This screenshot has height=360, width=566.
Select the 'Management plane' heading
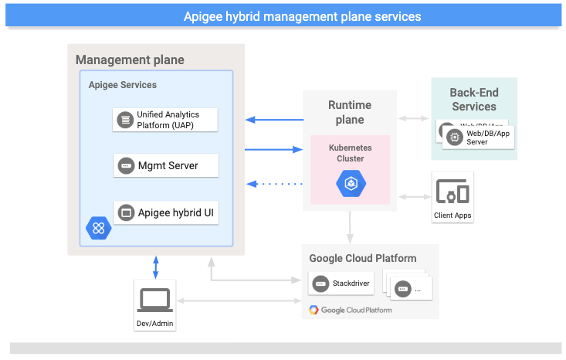[130, 59]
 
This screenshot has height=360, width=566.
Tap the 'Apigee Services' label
[123, 85]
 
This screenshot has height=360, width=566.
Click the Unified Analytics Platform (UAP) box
[166, 120]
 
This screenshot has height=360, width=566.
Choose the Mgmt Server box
[166, 165]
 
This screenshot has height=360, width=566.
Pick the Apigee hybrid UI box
[166, 212]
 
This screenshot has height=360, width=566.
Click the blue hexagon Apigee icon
[99, 228]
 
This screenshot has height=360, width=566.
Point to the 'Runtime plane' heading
[350, 112]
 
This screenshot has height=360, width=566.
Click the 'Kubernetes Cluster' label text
[350, 152]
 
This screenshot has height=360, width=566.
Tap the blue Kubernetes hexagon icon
[349, 182]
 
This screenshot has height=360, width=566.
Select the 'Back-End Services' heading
[473, 99]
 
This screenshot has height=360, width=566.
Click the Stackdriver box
[341, 284]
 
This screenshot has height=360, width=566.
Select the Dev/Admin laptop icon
[154, 300]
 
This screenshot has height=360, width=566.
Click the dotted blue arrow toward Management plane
[274, 184]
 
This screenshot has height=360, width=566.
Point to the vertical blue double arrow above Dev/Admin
[157, 267]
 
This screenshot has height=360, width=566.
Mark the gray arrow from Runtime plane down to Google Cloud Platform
[350, 227]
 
